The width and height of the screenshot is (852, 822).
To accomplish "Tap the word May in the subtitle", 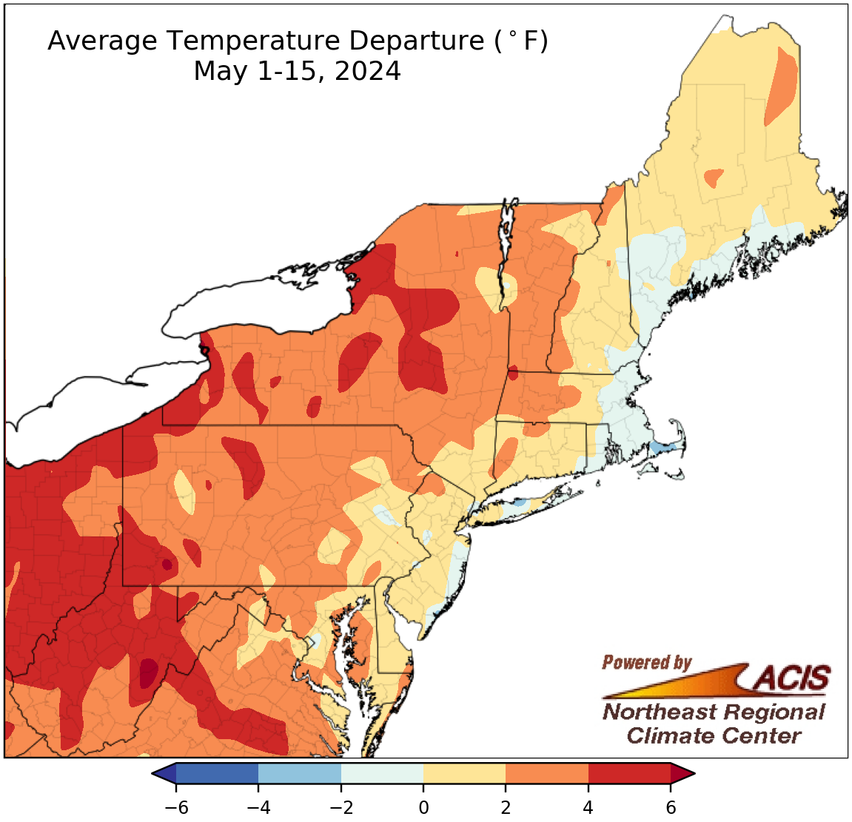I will click(218, 73).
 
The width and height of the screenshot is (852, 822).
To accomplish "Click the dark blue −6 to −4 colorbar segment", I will click(217, 774).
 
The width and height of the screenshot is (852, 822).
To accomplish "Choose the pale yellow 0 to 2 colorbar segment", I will click(464, 774).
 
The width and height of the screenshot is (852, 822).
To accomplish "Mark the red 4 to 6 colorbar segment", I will click(629, 774).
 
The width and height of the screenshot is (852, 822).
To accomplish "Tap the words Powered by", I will click(646, 662).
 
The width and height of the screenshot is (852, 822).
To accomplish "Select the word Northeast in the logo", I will click(659, 712).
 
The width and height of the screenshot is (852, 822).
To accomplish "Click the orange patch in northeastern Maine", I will click(782, 85).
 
